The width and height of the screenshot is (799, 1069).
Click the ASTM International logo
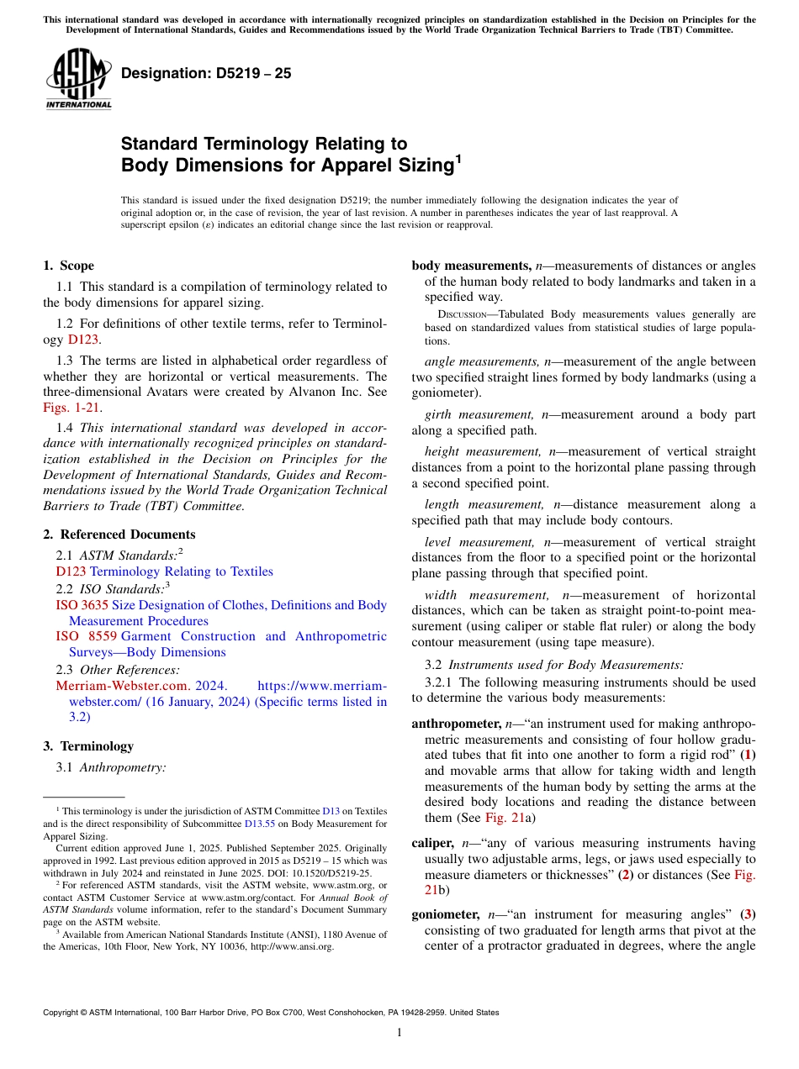pos(77,79)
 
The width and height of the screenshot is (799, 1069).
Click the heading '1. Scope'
pos(68,266)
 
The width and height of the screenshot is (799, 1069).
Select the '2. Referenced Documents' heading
pos(119,534)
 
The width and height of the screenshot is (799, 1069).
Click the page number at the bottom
pos(399,1033)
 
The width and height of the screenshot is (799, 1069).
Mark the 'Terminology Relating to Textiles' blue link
pos(181,571)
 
